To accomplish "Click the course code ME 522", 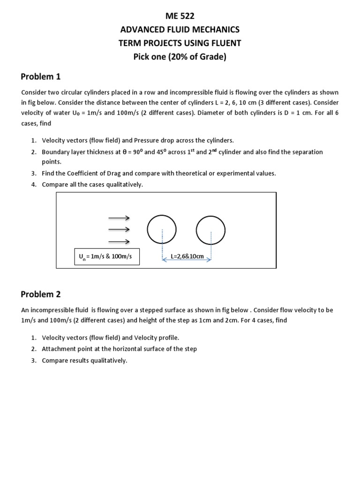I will coord(180,16).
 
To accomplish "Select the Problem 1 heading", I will coord(41,76).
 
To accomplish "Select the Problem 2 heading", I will coord(41,294).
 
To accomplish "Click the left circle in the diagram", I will coord(162,229).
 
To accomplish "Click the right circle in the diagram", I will coord(211,229).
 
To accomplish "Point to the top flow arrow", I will coord(119,218).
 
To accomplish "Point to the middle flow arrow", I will coord(119,229).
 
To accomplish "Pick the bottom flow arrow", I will coord(119,241).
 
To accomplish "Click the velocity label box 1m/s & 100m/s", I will coord(106,257).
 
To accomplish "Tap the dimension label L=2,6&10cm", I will coord(187,256).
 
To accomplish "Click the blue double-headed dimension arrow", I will coord(187,260).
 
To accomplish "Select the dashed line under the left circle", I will coord(162,244).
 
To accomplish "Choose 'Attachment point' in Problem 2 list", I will coord(65,349).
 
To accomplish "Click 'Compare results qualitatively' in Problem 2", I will coord(84,360).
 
